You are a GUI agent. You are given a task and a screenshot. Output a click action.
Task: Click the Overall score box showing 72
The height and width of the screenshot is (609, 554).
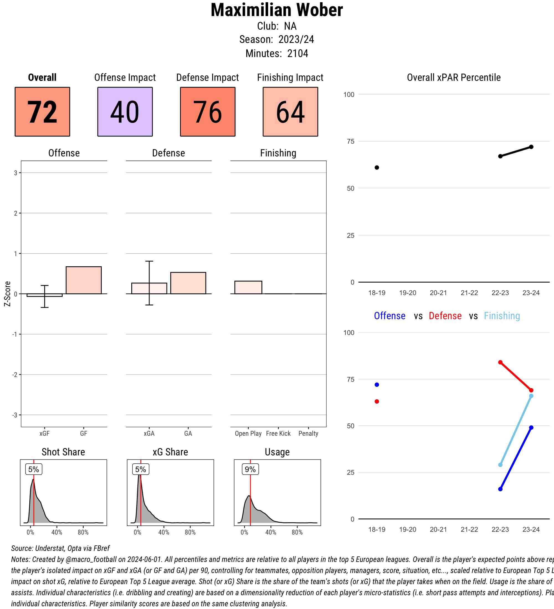(42, 112)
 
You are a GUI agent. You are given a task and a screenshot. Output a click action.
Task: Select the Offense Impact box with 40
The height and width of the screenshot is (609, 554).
(125, 112)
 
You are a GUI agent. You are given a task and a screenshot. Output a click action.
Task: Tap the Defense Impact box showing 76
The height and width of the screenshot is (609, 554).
(208, 112)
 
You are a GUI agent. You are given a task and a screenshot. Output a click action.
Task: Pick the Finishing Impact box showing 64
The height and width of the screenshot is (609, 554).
(290, 112)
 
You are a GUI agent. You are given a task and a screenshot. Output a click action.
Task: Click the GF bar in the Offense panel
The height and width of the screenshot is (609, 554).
(83, 280)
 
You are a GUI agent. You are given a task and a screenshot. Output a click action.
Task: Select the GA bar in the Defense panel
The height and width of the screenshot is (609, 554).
(188, 283)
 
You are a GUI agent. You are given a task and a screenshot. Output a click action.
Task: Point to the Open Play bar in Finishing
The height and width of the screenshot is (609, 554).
(248, 287)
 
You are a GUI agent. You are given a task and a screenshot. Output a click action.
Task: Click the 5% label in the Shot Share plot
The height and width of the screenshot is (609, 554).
(34, 469)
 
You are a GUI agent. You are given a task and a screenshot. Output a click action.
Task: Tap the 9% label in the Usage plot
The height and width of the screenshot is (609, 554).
(250, 469)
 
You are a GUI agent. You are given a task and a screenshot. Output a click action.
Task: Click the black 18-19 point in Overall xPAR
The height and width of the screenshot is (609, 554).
(377, 167)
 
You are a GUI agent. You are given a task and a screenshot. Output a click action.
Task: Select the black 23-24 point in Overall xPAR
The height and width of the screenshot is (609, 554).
(531, 147)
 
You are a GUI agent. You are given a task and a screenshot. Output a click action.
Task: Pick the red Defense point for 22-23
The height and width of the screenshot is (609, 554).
(500, 362)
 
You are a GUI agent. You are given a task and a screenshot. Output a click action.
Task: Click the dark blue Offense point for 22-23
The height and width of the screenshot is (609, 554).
(500, 489)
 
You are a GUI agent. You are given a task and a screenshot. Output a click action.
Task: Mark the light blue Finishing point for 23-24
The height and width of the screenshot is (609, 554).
(531, 396)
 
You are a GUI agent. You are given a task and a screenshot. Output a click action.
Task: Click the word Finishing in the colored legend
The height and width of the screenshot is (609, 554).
(502, 316)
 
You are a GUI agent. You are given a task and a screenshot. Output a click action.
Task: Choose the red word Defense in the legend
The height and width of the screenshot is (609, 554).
(445, 316)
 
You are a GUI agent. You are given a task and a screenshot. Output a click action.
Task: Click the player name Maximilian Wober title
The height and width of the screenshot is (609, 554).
(276, 10)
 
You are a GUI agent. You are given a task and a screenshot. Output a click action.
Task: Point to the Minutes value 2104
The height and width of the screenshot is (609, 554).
(297, 53)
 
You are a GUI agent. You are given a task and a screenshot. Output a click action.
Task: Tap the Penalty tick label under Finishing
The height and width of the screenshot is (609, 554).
(308, 433)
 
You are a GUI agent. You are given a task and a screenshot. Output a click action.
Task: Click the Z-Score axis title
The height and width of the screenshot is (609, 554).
(7, 294)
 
